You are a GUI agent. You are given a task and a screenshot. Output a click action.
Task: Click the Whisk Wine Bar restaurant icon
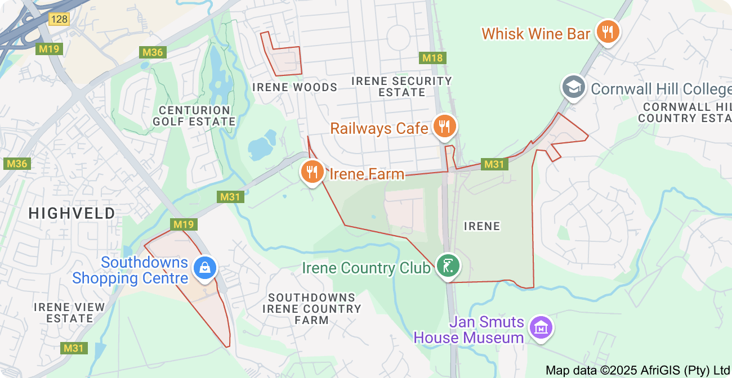click(607, 31)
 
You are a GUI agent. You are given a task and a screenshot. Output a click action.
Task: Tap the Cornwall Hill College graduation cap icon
click(574, 88)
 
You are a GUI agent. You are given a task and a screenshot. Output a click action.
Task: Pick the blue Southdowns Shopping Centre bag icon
click(205, 268)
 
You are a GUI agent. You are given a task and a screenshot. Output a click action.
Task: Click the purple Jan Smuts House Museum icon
click(541, 327)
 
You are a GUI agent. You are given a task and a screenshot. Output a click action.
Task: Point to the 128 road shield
click(59, 20)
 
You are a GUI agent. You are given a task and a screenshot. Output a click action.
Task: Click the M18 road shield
click(432, 58)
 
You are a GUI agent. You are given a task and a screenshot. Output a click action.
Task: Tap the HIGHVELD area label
click(72, 213)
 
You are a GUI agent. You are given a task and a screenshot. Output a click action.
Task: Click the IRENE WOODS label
click(294, 87)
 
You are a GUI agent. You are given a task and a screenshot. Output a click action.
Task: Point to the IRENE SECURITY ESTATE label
click(401, 87)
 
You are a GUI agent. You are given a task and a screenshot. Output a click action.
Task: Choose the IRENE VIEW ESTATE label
click(69, 313)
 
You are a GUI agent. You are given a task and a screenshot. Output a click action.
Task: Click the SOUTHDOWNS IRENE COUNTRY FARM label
click(311, 309)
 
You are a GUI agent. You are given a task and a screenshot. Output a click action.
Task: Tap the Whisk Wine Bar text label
click(535, 34)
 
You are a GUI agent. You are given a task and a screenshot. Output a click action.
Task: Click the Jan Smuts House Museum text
click(469, 330)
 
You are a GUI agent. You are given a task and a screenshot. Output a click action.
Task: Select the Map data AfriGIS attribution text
click(637, 370)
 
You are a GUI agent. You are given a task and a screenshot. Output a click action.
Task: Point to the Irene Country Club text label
click(366, 268)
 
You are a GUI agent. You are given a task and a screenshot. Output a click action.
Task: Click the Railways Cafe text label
click(379, 128)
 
